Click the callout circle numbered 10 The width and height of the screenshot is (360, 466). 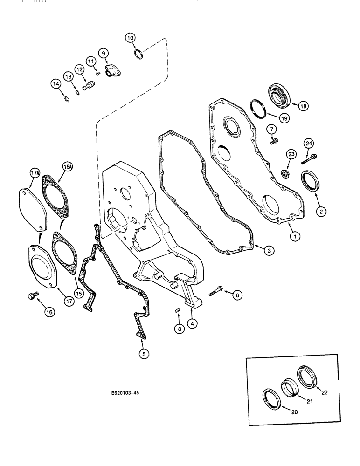click(130, 37)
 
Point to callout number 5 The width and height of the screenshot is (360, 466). click(144, 354)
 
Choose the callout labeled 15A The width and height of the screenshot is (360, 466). click(68, 166)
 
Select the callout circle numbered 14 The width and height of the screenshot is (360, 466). click(56, 84)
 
